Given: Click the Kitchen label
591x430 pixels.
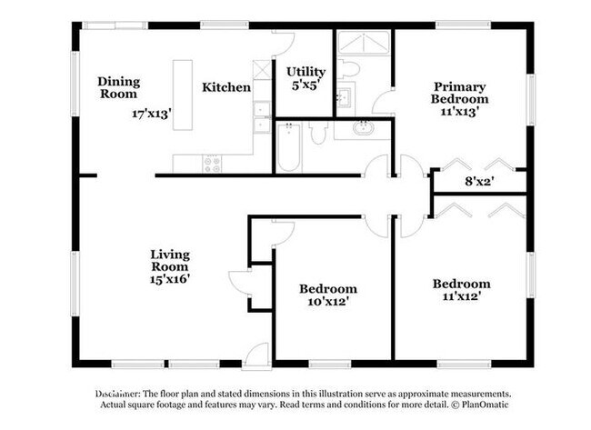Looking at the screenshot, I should click(226, 87).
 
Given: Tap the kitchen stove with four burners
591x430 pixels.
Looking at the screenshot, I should click(211, 164).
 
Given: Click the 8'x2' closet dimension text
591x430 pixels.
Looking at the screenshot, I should click(479, 182).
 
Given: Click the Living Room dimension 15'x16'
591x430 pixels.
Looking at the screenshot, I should click(170, 279).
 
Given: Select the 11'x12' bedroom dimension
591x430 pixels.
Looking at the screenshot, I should click(460, 295).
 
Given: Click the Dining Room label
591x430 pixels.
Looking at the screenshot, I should click(118, 86).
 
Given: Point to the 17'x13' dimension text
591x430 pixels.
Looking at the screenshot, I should click(152, 115).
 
